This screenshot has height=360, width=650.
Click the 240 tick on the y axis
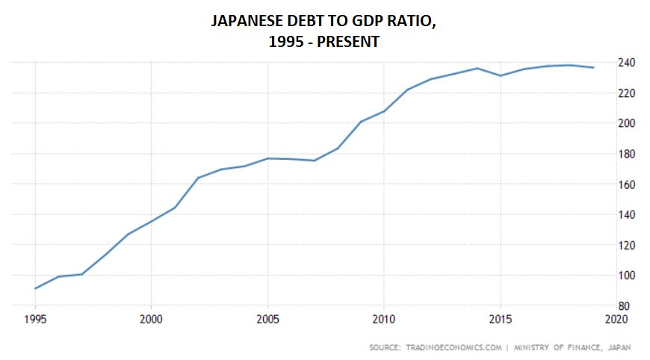pyautogui.click(x=626, y=63)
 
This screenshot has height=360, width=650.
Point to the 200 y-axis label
pyautogui.click(x=626, y=123)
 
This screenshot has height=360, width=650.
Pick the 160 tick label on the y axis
pyautogui.click(x=626, y=184)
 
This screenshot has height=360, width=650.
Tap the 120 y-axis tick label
pyautogui.click(x=626, y=245)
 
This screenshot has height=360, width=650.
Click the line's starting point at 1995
pyautogui.click(x=35, y=288)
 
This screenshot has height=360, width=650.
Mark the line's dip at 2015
pyautogui.click(x=500, y=75)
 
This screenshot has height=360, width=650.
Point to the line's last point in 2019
pyautogui.click(x=592, y=67)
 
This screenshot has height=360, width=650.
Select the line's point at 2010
pyautogui.click(x=383, y=111)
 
